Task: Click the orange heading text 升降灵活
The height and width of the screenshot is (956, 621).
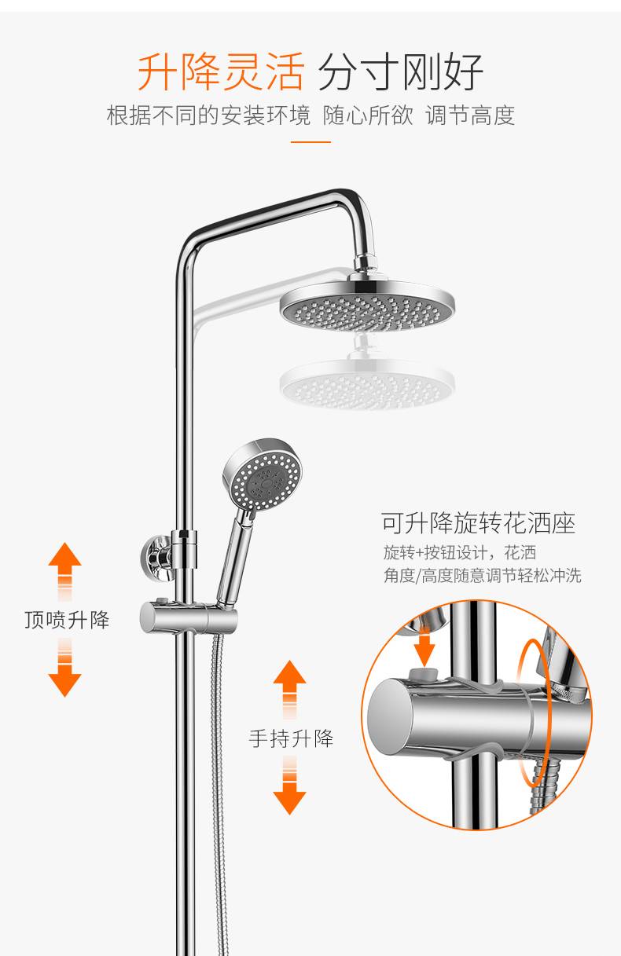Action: [220, 71]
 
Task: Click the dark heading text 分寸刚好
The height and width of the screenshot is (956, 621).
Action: [400, 71]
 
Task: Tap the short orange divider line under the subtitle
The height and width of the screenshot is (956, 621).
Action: [310, 141]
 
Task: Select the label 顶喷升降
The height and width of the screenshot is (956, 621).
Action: [67, 620]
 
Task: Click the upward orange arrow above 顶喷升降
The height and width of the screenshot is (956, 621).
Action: [64, 571]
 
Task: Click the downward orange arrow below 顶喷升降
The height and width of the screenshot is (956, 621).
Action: [64, 668]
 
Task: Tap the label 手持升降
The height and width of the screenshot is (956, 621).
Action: [291, 738]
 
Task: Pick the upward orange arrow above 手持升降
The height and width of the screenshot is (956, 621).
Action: [289, 689]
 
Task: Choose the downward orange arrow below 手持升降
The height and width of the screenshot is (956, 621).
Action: [289, 786]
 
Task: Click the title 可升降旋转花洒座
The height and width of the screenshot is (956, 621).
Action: [478, 523]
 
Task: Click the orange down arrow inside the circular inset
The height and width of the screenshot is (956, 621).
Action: [424, 650]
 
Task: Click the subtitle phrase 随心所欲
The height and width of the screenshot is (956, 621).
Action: [368, 115]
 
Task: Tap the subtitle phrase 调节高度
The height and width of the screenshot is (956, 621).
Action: [470, 115]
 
